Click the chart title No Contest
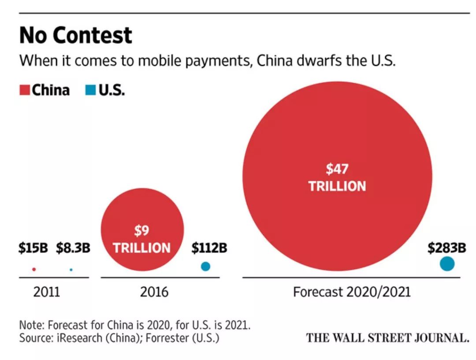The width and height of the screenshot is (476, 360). coord(75,35)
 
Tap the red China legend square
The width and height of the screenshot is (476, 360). coord(25,90)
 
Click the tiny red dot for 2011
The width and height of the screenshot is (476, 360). coord(34,269)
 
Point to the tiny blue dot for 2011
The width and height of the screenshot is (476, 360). coord(71,269)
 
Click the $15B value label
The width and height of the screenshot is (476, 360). coord(33,248)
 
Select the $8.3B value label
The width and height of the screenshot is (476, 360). coord(73,248)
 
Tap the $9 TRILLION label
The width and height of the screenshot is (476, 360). coord(142,239)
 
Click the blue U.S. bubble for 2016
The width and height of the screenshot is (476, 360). coord(205,266)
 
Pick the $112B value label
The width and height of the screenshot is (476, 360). coord(209,248)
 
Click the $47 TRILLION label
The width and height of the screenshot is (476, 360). coord(337,177)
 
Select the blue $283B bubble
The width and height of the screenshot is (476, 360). coord(447,264)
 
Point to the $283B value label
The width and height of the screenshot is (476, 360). coord(447,248)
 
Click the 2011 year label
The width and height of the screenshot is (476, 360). coord(47,292)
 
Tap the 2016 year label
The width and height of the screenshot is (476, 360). coord(154,292)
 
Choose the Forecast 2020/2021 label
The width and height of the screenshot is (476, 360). coord(352,292)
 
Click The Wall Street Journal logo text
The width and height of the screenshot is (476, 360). coord(387,338)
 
